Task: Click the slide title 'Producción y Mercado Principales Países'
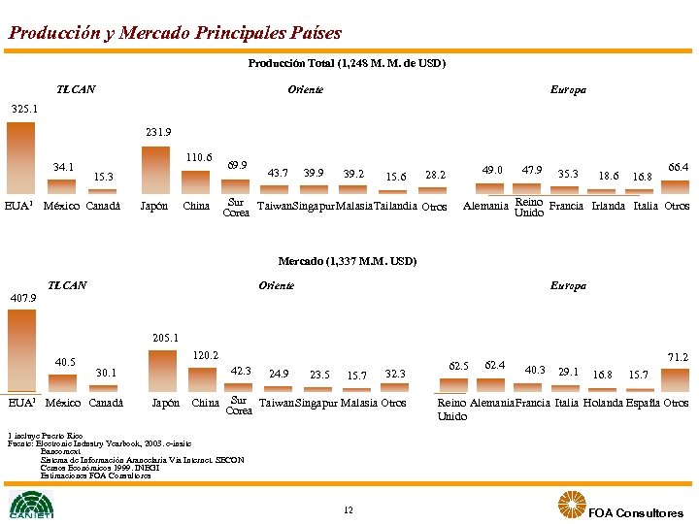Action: tap(175, 33)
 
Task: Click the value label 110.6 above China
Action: tap(198, 156)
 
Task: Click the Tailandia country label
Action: tap(393, 207)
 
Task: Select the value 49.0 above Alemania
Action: tap(493, 171)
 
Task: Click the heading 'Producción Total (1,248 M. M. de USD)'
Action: tap(347, 64)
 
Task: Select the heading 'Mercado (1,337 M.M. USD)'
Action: tap(347, 261)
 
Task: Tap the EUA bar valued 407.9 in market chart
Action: tap(20, 349)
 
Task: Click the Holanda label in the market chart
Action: tap(605, 403)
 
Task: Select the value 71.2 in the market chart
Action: tap(676, 358)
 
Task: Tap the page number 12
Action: tap(348, 510)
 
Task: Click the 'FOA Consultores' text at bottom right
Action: tap(636, 512)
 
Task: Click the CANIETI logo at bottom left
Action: tap(32, 505)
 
